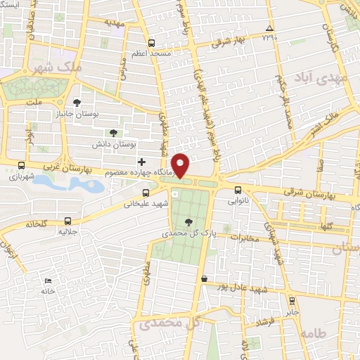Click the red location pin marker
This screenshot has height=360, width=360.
point(181,165)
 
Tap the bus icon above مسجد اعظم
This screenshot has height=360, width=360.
point(152,42)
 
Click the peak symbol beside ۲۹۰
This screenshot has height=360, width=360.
point(269,29)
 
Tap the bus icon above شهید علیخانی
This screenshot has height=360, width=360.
point(146,193)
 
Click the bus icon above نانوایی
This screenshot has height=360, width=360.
point(237,188)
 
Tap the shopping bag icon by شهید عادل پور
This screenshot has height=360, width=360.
point(204,278)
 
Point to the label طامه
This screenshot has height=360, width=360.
point(314,334)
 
